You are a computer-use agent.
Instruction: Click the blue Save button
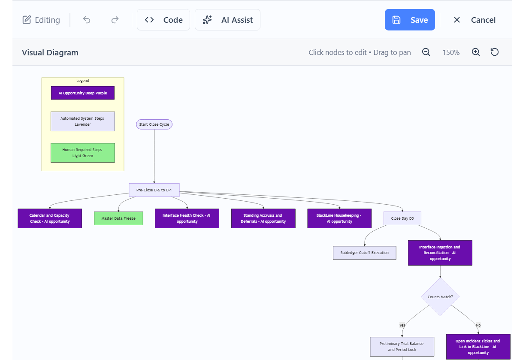pyautogui.click(x=410, y=20)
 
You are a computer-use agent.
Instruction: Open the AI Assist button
pyautogui.click(x=227, y=20)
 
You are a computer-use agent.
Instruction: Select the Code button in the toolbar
pyautogui.click(x=163, y=20)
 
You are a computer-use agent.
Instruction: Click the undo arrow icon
pyautogui.click(x=87, y=20)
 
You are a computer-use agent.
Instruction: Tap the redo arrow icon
pyautogui.click(x=115, y=20)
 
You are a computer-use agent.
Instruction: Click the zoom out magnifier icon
pyautogui.click(x=426, y=52)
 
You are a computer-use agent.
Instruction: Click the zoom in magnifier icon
pyautogui.click(x=475, y=52)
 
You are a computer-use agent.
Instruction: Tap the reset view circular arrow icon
pyautogui.click(x=495, y=52)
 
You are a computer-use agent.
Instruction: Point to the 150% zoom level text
pyautogui.click(x=451, y=53)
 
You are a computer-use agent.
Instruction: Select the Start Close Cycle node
pyautogui.click(x=154, y=124)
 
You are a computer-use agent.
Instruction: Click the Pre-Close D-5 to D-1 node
pyautogui.click(x=154, y=190)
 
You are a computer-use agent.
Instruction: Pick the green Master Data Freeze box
pyautogui.click(x=118, y=218)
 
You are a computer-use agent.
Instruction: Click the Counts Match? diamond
pyautogui.click(x=440, y=297)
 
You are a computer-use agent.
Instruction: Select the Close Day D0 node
pyautogui.click(x=402, y=218)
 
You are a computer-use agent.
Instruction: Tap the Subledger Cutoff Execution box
pyautogui.click(x=364, y=253)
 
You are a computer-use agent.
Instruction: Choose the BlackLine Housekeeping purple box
pyautogui.click(x=339, y=218)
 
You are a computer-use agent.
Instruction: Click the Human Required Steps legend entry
pyautogui.click(x=83, y=153)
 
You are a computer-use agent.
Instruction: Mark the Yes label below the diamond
pyautogui.click(x=402, y=325)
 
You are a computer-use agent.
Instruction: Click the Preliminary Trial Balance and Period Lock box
pyautogui.click(x=402, y=347)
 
